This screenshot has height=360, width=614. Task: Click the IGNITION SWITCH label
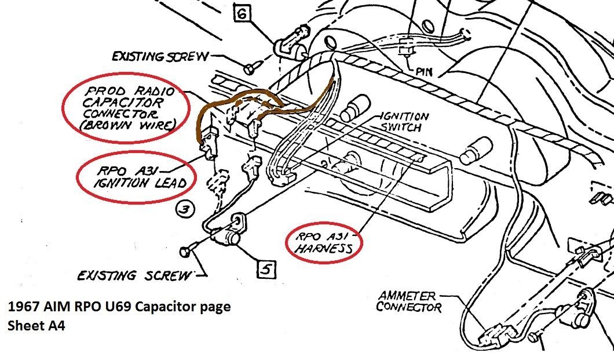[x=404, y=122]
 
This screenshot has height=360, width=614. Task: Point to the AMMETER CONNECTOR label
[x=408, y=301]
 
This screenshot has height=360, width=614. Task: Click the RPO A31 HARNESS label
[x=324, y=242]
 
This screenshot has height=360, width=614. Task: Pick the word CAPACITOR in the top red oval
[x=123, y=103]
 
